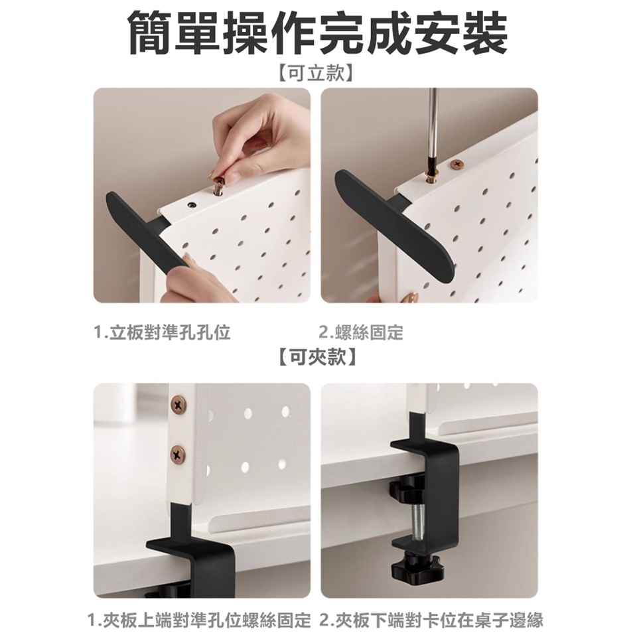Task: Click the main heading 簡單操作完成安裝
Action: click(x=318, y=34)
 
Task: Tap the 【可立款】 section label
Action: click(x=318, y=73)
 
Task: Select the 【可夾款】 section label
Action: click(x=318, y=358)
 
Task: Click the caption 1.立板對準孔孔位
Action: click(x=162, y=332)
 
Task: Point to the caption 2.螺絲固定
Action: click(x=361, y=332)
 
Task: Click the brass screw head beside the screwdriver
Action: click(x=458, y=165)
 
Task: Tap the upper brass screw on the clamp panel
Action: click(x=178, y=403)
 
